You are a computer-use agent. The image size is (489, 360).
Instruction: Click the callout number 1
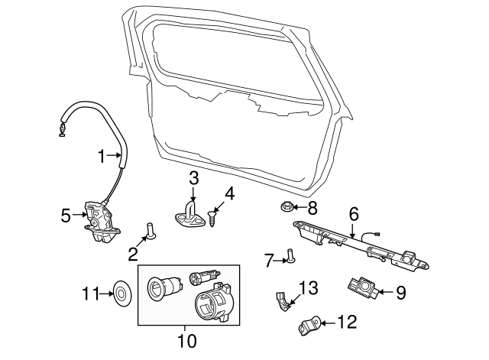pyautogui.click(x=102, y=156)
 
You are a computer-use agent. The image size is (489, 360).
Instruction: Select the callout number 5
pyautogui.click(x=66, y=215)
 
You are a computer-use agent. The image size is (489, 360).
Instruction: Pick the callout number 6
pyautogui.click(x=354, y=213)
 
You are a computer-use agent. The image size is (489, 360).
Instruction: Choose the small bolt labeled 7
pyautogui.click(x=289, y=256)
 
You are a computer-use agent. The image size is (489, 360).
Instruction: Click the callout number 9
pyautogui.click(x=401, y=291)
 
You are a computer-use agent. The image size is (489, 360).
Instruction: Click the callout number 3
pyautogui.click(x=194, y=178)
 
